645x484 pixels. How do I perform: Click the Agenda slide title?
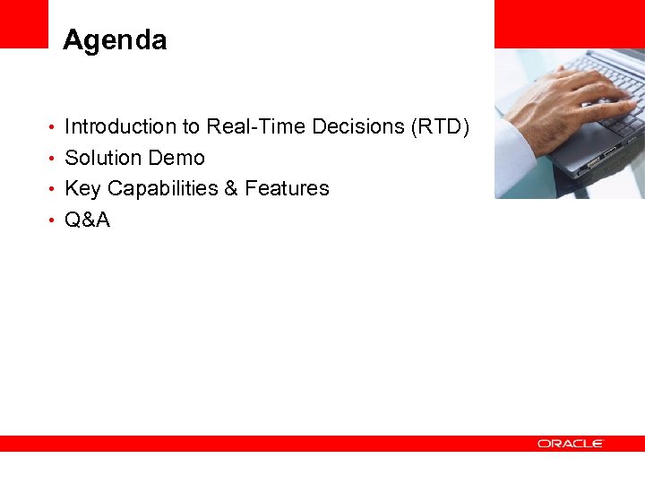click(x=115, y=40)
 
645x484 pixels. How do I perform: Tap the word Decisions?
click(x=358, y=127)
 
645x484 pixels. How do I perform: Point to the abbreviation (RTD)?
click(x=440, y=127)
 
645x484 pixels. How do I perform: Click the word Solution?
click(x=100, y=158)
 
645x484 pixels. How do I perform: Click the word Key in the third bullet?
click(x=83, y=188)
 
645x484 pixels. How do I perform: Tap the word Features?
click(x=287, y=188)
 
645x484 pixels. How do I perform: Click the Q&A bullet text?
click(x=88, y=220)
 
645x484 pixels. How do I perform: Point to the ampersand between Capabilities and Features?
click(x=230, y=188)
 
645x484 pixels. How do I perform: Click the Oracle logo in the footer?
click(x=571, y=444)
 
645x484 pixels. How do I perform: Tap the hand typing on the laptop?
click(x=564, y=99)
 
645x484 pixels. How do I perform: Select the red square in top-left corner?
click(x=23, y=23)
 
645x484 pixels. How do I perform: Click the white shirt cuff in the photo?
click(x=515, y=148)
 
